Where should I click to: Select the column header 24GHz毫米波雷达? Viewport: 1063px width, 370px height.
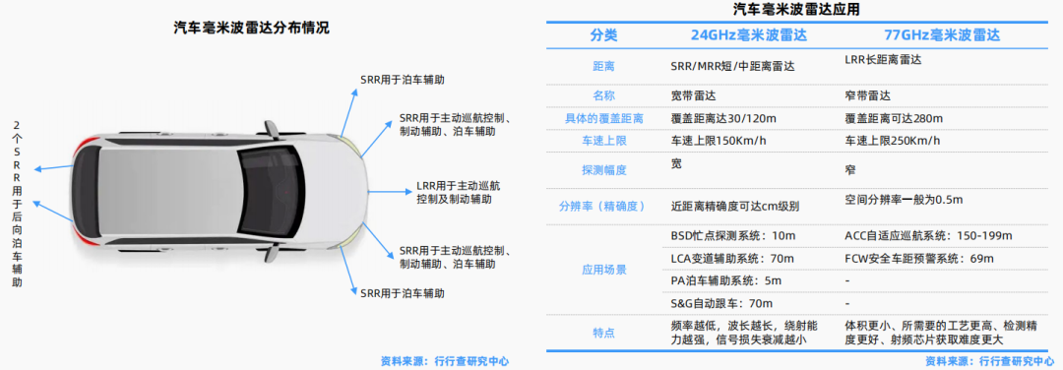(x=734, y=35)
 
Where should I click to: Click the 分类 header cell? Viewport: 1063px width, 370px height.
(x=603, y=35)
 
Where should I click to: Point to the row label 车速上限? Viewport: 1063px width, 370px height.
(x=603, y=142)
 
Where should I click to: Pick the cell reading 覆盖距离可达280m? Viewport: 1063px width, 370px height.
(x=895, y=118)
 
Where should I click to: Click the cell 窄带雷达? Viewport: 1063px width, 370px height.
(x=867, y=95)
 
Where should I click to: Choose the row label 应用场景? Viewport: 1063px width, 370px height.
(x=603, y=270)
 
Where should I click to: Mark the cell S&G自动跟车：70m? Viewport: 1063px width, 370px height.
(x=720, y=303)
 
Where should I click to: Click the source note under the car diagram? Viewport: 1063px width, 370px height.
(x=445, y=361)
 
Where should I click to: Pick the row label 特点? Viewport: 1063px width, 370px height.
(x=603, y=333)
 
